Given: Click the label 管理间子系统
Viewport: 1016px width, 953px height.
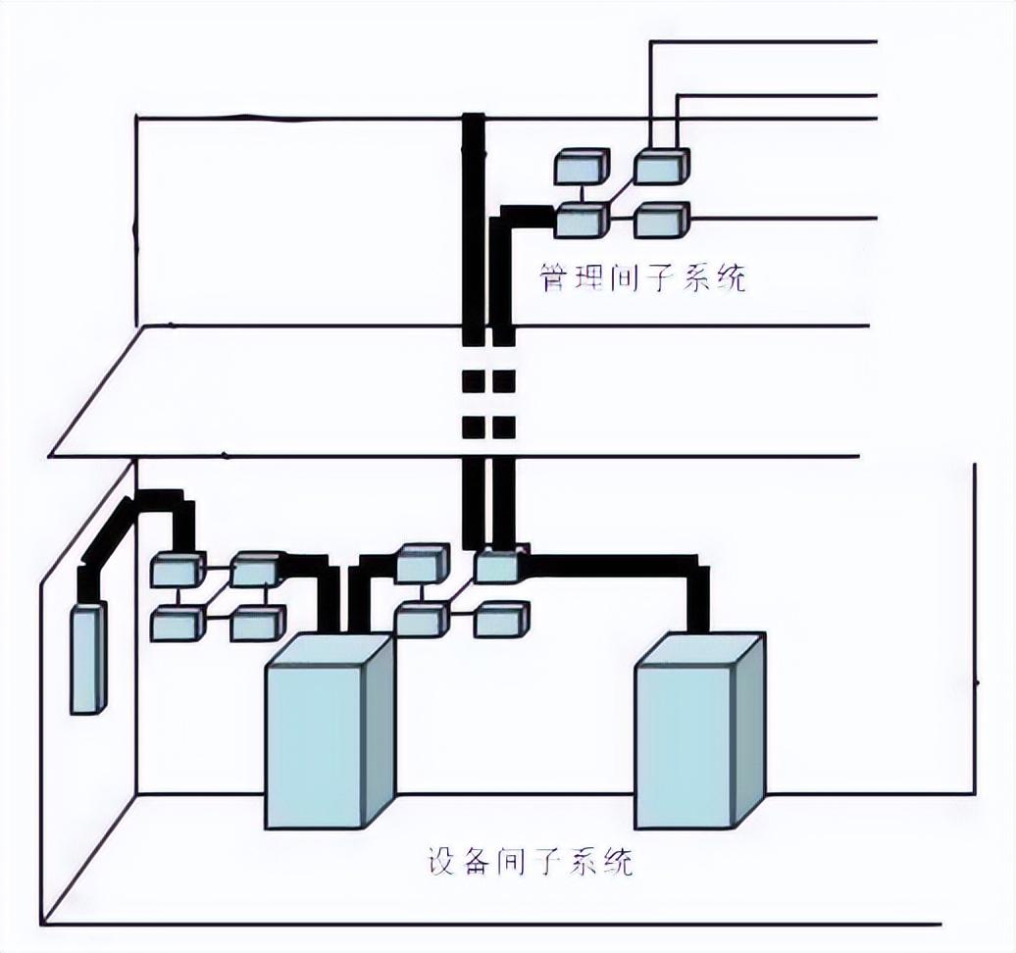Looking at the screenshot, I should coord(642,277).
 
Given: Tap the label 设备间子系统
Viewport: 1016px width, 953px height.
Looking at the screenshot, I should coord(530,861).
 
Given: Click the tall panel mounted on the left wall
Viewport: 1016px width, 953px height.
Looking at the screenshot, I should coord(87,658).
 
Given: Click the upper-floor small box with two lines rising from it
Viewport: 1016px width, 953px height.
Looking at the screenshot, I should coord(661,167).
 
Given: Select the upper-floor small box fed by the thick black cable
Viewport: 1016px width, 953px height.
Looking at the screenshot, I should coord(582,221).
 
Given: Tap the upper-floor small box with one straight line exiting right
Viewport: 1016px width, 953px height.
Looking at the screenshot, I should coord(661,221).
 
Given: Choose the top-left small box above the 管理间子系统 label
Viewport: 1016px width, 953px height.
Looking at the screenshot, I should coord(582,167).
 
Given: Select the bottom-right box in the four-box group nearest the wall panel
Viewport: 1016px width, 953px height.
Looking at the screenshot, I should coord(258,624).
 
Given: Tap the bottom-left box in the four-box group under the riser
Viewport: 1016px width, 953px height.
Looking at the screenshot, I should coord(422,620).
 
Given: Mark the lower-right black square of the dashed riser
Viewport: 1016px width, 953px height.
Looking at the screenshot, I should coord(503,427).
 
